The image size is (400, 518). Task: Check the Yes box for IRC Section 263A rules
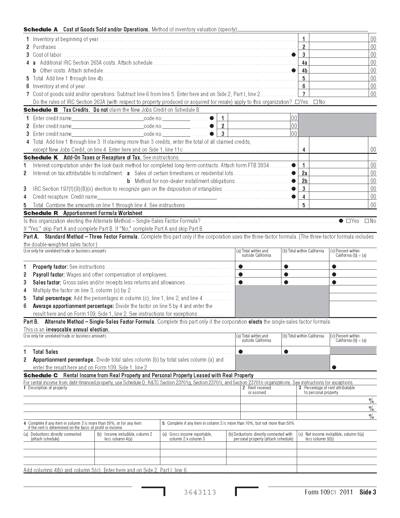[297, 102]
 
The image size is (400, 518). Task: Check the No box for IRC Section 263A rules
[316, 102]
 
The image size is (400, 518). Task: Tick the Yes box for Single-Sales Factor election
[348, 221]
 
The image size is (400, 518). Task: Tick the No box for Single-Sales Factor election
[367, 221]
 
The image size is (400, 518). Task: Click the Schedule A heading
[41, 30]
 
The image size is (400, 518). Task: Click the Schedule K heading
[41, 158]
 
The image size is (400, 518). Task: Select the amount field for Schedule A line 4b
[339, 70]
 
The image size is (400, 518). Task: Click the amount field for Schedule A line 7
[339, 94]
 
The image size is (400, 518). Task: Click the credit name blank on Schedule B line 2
[107, 126]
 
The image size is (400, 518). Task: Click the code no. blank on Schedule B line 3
[176, 134]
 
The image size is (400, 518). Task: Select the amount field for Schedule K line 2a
[339, 173]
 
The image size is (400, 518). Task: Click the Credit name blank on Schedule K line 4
[157, 197]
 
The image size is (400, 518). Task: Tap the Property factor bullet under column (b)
[286, 267]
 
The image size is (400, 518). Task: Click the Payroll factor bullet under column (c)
[334, 274]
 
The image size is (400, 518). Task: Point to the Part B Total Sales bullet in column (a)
[241, 352]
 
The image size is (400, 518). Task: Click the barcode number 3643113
[200, 492]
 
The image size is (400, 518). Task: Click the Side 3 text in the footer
[368, 492]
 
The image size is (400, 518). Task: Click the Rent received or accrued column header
[259, 390]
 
